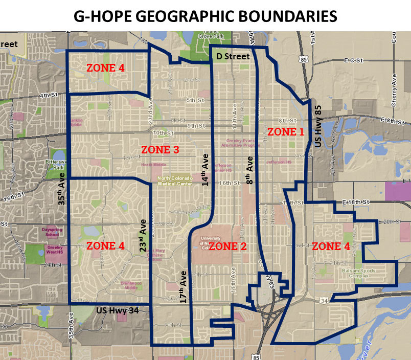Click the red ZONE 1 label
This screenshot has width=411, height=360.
tap(286, 131)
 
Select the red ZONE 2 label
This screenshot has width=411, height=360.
tap(228, 246)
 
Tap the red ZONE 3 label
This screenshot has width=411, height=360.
tap(160, 150)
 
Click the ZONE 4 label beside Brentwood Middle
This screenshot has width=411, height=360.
tap(105, 246)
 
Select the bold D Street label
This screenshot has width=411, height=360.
tap(233, 56)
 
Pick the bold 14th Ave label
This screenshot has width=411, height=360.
tap(205, 169)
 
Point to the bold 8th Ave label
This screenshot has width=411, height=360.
tap(250, 174)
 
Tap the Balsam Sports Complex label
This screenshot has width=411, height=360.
tap(358, 274)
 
